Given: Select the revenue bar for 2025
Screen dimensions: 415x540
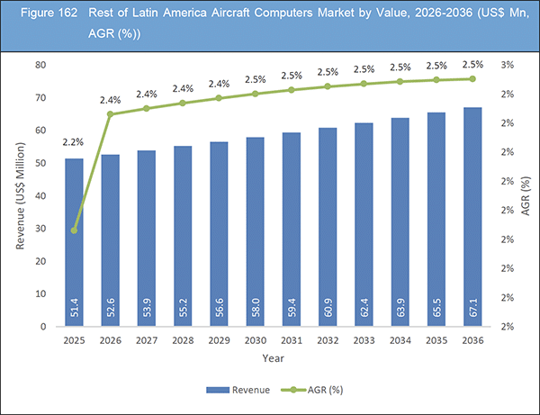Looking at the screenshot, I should [75, 242].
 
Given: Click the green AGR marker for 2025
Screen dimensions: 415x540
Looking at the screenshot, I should [75, 230].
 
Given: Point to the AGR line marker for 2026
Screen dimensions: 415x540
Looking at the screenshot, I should [111, 114].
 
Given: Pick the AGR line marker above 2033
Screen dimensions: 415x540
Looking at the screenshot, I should [364, 84].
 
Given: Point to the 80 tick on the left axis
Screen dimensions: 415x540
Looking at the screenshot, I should [40, 65].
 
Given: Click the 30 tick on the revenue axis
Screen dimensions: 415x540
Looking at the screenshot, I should [40, 229].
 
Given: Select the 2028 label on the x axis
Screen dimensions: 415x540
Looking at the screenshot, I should [183, 340].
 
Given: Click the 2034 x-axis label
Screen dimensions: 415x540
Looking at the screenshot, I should [400, 340].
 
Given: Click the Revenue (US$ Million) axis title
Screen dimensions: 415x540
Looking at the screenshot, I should [19, 195].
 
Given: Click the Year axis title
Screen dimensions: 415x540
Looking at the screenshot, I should [274, 357].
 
